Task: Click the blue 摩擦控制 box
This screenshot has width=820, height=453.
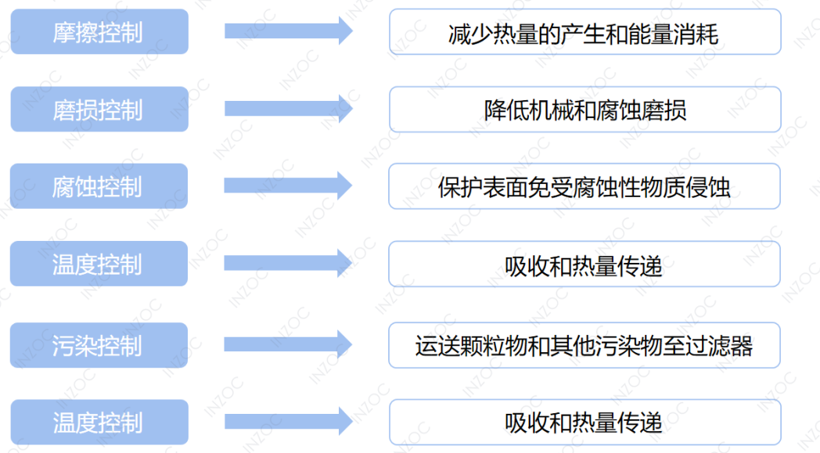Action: pyautogui.click(x=99, y=32)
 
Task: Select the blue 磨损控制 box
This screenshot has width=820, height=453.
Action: pyautogui.click(x=99, y=110)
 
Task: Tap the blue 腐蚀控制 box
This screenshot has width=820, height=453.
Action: pyautogui.click(x=99, y=187)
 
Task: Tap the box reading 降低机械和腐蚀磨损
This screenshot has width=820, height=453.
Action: pyautogui.click(x=584, y=110)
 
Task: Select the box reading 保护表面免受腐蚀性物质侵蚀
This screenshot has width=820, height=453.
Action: pyautogui.click(x=584, y=187)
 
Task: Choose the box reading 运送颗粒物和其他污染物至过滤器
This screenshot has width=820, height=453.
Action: pyautogui.click(x=584, y=345)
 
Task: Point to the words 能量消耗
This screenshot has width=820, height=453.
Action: pyautogui.click(x=674, y=33)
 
